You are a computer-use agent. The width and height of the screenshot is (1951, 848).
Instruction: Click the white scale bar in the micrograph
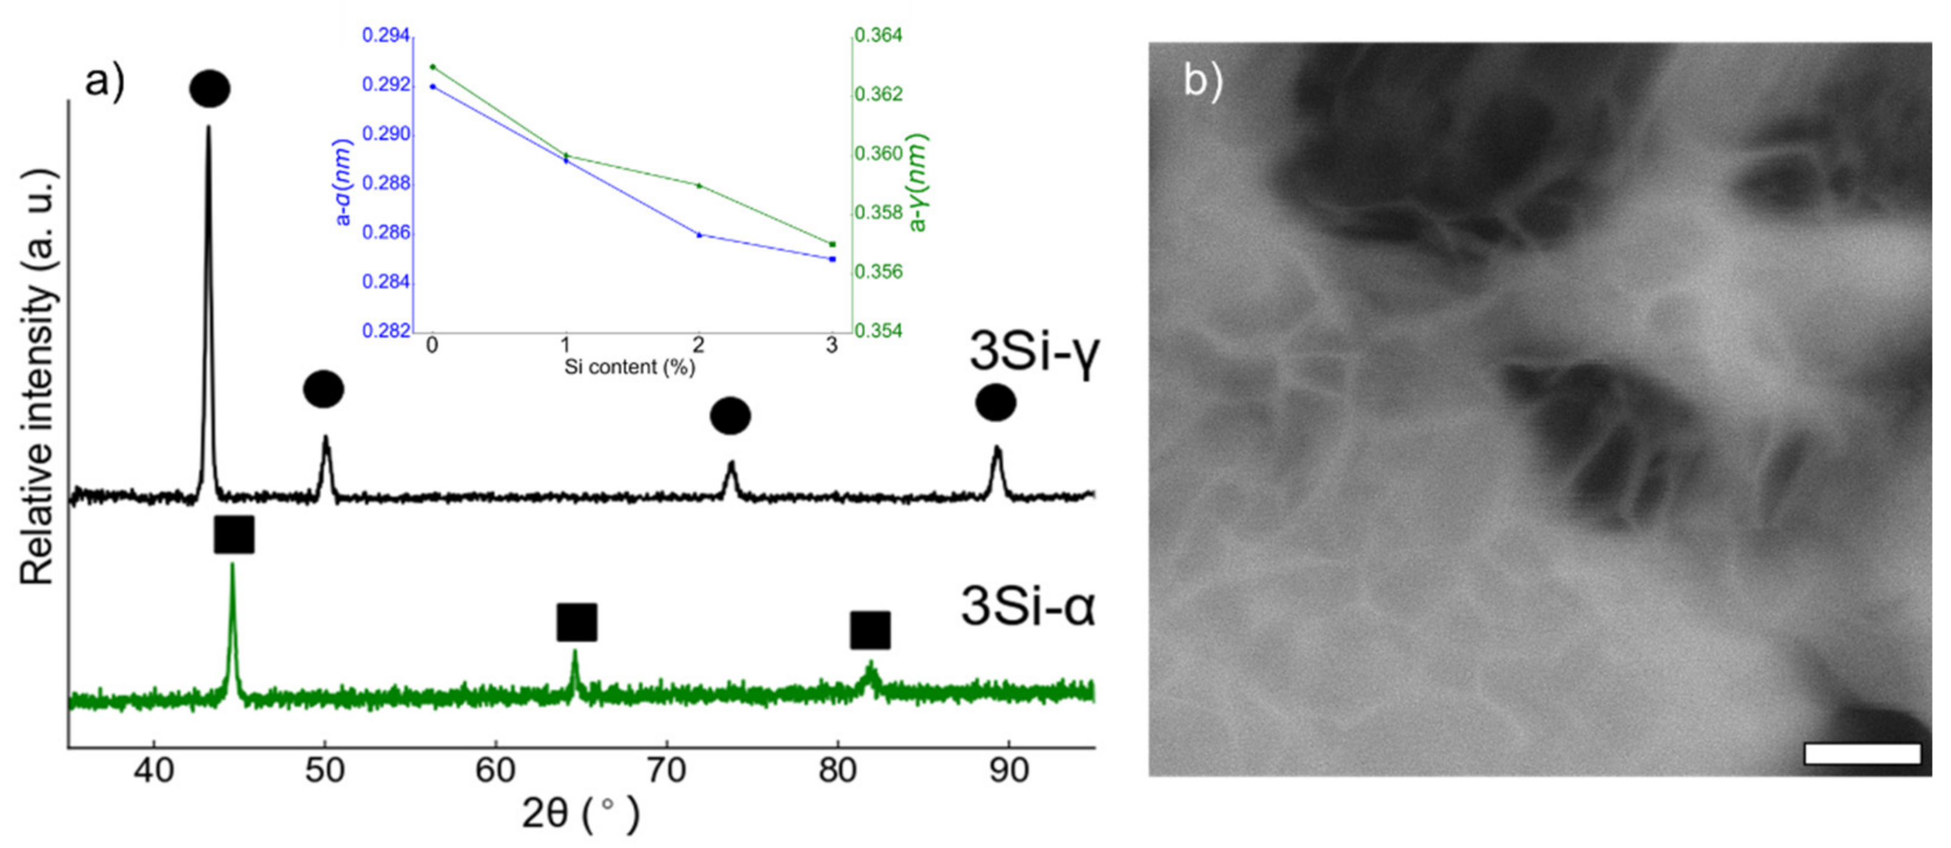(x=1862, y=753)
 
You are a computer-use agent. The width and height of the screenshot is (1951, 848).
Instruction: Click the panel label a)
(x=105, y=80)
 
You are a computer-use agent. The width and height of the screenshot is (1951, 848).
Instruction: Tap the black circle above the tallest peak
(x=210, y=89)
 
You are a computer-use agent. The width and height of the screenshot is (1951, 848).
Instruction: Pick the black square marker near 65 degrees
(x=577, y=623)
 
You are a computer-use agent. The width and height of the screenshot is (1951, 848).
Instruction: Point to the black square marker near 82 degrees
(x=869, y=631)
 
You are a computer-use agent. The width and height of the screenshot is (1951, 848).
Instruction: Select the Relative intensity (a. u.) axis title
(x=38, y=376)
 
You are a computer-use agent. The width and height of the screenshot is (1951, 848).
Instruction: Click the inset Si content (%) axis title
(x=629, y=367)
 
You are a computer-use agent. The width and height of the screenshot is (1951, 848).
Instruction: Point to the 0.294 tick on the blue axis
(x=386, y=36)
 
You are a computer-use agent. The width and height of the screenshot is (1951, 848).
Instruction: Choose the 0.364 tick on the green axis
(x=879, y=36)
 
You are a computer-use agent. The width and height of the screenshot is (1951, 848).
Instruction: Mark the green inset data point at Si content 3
(x=832, y=244)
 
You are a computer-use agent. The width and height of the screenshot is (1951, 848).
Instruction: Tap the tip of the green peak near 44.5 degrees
(x=232, y=565)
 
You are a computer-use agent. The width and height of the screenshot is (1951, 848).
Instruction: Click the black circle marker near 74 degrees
(x=730, y=416)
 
